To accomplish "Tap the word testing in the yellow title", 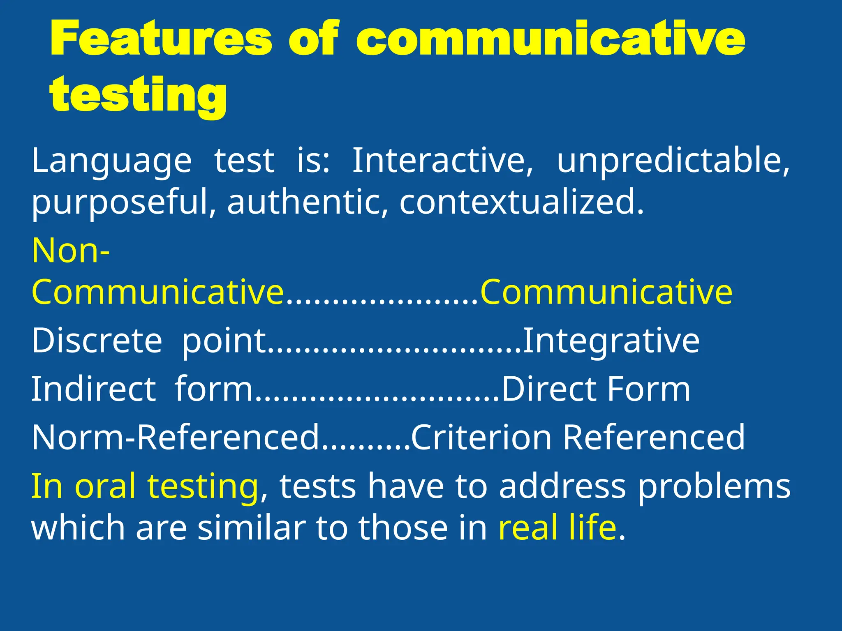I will [x=138, y=95].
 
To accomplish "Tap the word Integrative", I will [x=611, y=341].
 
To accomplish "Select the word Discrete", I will [x=97, y=341].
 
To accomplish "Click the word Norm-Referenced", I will [x=176, y=437].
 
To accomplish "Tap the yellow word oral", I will [x=105, y=486].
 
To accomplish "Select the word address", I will [x=562, y=486].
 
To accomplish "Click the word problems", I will [x=714, y=486].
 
